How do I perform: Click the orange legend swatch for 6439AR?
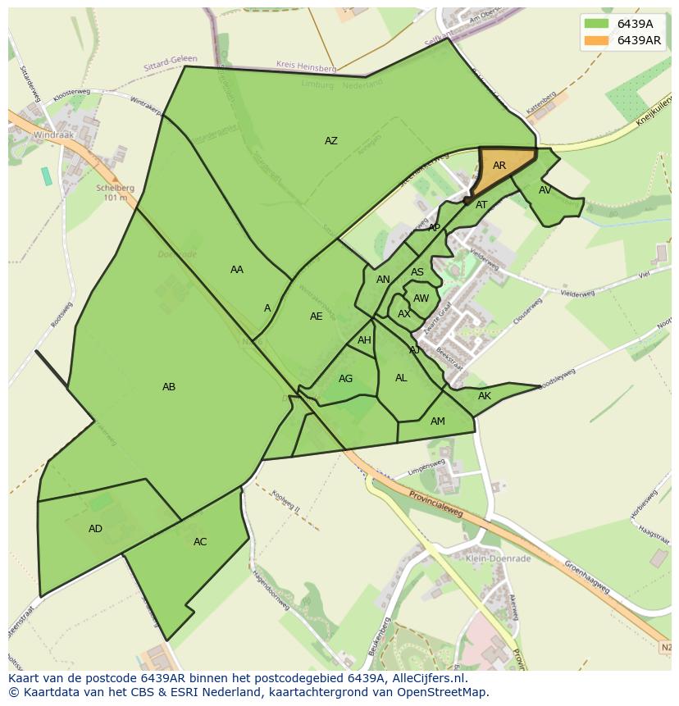(x=597, y=41)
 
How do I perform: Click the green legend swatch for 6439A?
(x=597, y=24)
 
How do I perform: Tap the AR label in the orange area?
(x=499, y=166)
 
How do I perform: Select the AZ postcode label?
(x=330, y=141)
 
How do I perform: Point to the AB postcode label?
(x=169, y=387)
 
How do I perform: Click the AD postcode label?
(x=95, y=529)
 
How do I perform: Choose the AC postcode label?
(x=200, y=542)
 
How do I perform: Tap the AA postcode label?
(x=237, y=270)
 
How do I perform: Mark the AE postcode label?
(x=317, y=317)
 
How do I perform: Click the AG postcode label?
(x=345, y=379)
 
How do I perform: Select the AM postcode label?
(x=438, y=421)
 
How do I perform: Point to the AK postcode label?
(x=484, y=396)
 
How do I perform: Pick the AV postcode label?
(x=545, y=190)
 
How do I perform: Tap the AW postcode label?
(x=421, y=298)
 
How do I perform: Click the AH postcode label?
(x=364, y=340)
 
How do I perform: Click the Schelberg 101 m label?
(x=110, y=192)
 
